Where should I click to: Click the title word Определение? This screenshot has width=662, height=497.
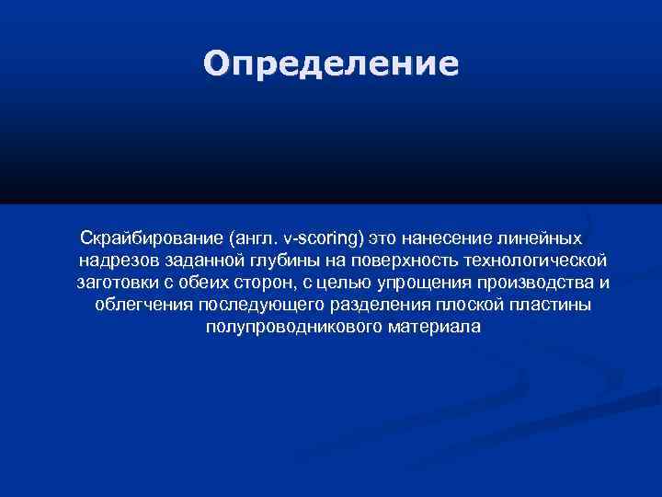pos(330,64)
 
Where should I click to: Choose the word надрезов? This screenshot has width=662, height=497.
pos(117,260)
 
